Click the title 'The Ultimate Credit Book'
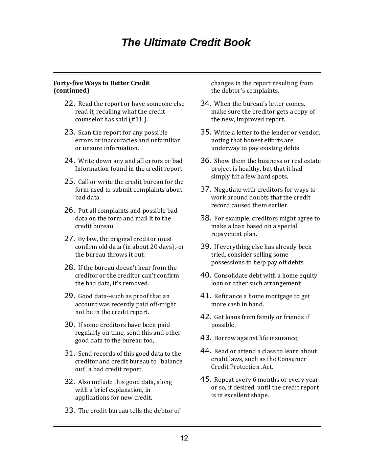click(x=186, y=43)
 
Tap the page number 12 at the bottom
click(x=184, y=438)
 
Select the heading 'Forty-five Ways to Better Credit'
click(x=101, y=83)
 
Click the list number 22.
click(x=69, y=103)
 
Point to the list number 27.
click(x=69, y=239)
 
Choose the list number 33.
click(x=69, y=410)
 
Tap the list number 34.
click(x=206, y=103)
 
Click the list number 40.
click(x=206, y=275)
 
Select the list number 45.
click(x=206, y=379)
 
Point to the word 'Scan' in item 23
click(x=85, y=133)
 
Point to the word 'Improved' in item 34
click(x=249, y=119)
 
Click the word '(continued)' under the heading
click(x=71, y=91)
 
